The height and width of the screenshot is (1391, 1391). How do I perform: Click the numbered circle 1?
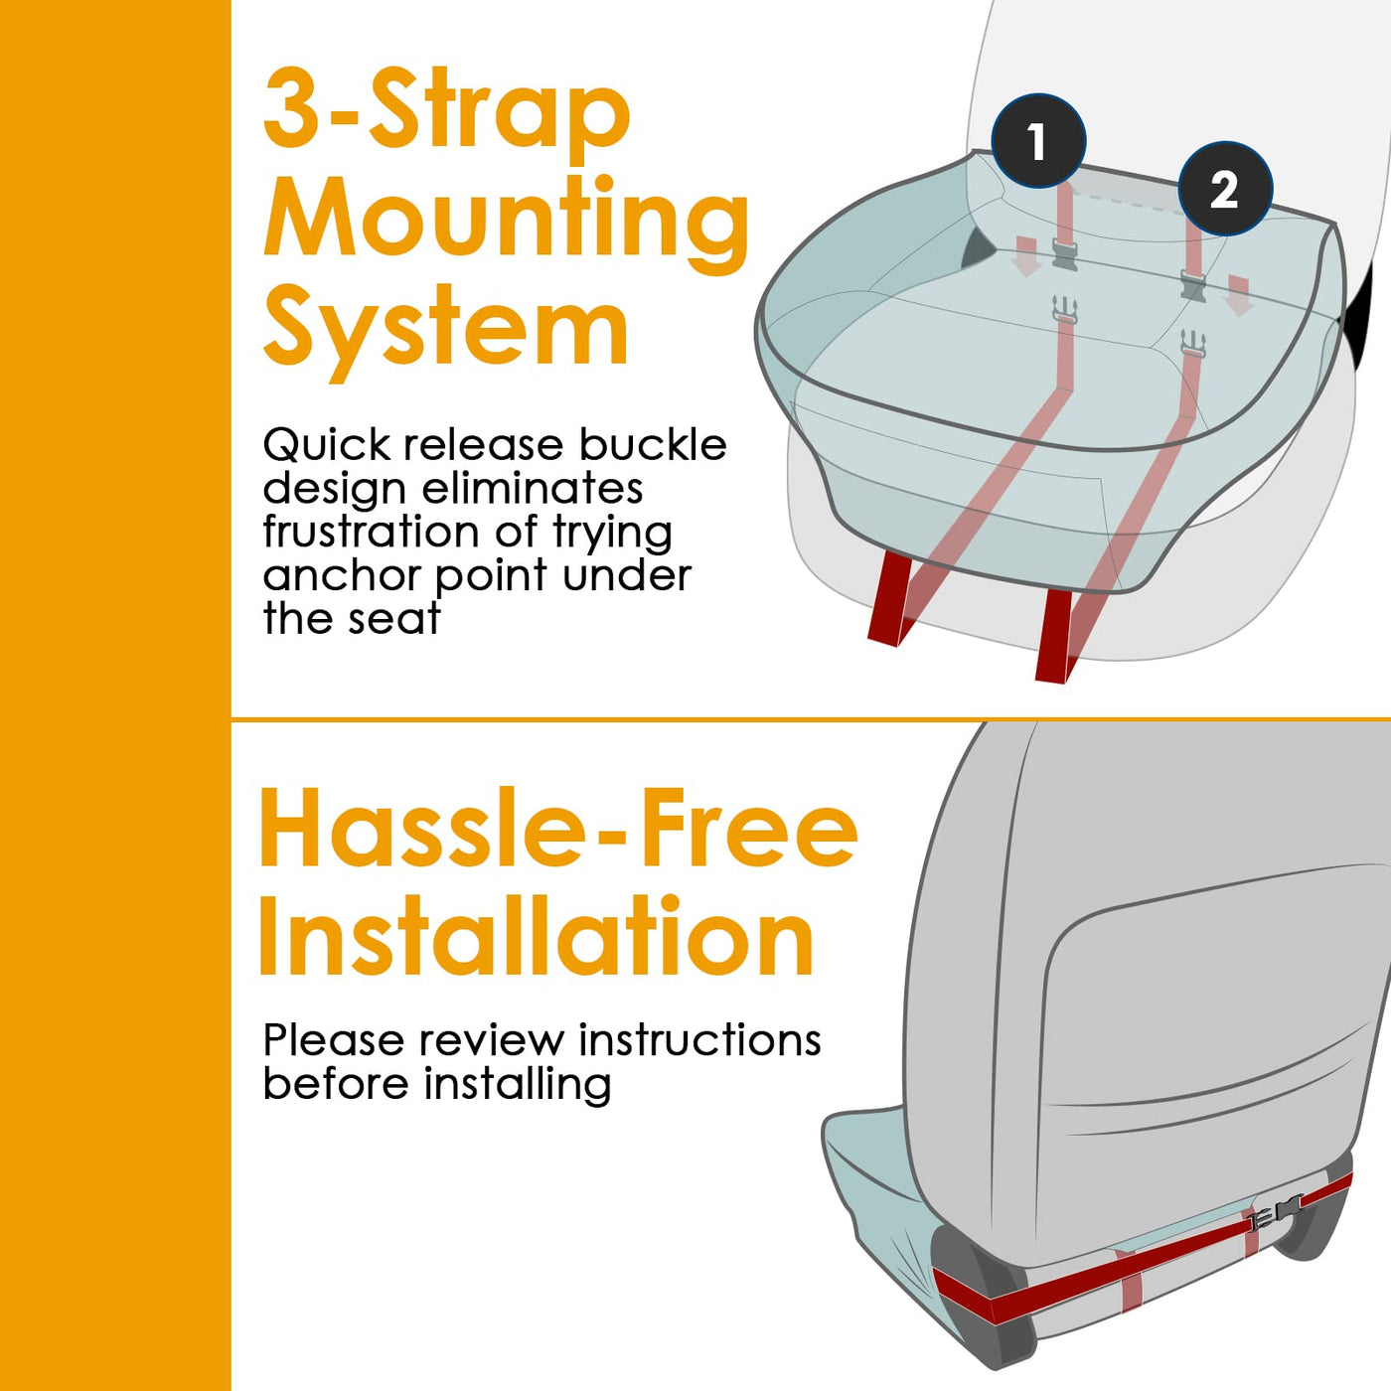1038,141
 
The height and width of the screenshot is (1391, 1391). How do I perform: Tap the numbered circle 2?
1225,189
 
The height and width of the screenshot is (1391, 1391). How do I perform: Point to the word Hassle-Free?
558,828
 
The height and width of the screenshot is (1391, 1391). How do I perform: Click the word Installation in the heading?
538,935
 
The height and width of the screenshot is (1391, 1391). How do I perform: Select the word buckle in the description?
653,445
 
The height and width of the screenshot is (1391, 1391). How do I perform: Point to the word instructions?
699,1040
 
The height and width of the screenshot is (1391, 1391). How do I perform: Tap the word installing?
518,1085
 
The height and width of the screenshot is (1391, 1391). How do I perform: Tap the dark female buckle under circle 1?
1065,254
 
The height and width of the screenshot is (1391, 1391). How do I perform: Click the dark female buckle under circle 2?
1192,284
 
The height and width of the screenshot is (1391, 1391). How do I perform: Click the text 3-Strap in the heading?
447,115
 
